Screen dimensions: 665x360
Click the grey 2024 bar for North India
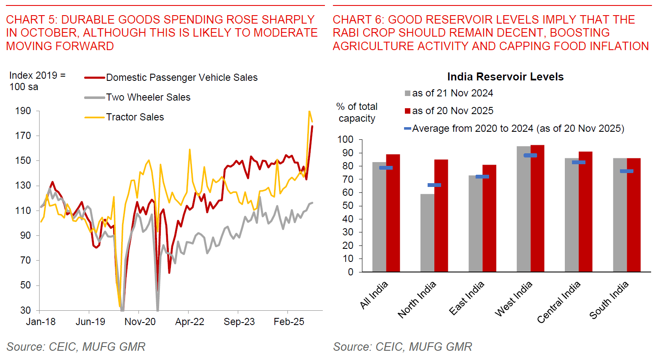tap(427, 233)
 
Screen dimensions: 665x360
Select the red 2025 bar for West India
tap(537, 208)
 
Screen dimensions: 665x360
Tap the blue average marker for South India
tap(627, 171)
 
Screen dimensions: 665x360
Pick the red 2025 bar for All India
tap(393, 213)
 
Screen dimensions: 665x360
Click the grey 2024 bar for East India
tap(475, 224)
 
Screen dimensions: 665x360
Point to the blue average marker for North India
tap(434, 185)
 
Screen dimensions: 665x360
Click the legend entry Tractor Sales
tap(135, 117)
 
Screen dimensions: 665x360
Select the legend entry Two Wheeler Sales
tap(148, 97)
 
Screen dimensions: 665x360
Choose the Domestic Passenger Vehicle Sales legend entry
tap(181, 77)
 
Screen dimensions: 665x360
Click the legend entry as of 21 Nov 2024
tap(452, 93)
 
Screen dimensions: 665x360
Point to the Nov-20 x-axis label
tap(140, 322)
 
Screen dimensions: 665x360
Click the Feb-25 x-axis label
tap(289, 322)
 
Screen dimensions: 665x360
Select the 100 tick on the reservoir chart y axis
tap(345, 139)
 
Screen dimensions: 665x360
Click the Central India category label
tap(559, 302)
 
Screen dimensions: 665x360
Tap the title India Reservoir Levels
tap(505, 77)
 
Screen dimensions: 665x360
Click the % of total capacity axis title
tap(357, 112)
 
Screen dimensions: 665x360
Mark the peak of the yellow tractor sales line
tap(309, 112)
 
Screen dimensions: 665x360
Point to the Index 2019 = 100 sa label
tap(37, 81)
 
